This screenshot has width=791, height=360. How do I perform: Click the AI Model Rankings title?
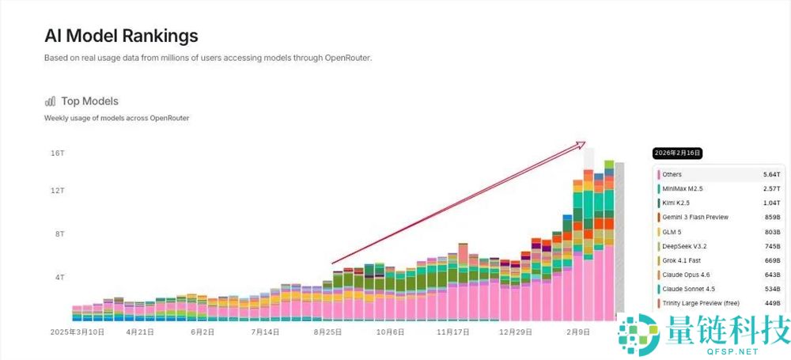click(x=121, y=36)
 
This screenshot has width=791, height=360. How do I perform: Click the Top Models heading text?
click(x=89, y=101)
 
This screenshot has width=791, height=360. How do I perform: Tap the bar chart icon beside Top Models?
click(x=51, y=101)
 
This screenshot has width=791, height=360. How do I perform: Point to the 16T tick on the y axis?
click(x=57, y=152)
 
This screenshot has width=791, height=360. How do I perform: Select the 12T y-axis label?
click(x=57, y=191)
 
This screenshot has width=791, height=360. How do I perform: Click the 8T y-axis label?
click(x=59, y=234)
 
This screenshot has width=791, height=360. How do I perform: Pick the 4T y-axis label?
click(x=59, y=277)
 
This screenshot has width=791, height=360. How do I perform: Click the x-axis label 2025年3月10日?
click(x=78, y=332)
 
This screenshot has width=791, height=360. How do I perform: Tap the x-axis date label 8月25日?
click(x=327, y=332)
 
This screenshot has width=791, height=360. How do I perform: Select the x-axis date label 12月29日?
click(x=514, y=332)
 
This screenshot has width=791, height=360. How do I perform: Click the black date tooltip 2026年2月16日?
click(x=678, y=153)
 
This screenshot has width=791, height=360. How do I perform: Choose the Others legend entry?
click(x=672, y=174)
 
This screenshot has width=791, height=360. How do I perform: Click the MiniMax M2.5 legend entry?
click(x=684, y=188)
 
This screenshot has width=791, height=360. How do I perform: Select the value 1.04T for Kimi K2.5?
click(x=771, y=203)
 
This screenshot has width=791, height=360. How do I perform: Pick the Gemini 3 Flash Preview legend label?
click(x=695, y=217)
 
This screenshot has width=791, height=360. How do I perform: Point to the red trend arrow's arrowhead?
click(x=582, y=143)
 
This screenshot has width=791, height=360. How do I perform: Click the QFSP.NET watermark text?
click(x=729, y=351)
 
